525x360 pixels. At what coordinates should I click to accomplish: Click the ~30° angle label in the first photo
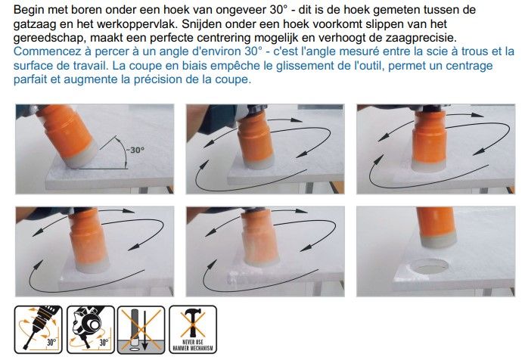135,150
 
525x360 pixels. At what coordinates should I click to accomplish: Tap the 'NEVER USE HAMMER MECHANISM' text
193,346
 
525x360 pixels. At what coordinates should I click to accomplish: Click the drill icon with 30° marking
38,330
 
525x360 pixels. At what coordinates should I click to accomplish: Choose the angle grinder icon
91,330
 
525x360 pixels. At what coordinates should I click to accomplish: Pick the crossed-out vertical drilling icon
141,330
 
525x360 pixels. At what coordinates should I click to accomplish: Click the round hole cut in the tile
429,266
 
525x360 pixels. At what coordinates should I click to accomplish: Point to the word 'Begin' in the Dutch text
29,10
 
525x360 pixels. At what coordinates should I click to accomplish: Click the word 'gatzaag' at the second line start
34,24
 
